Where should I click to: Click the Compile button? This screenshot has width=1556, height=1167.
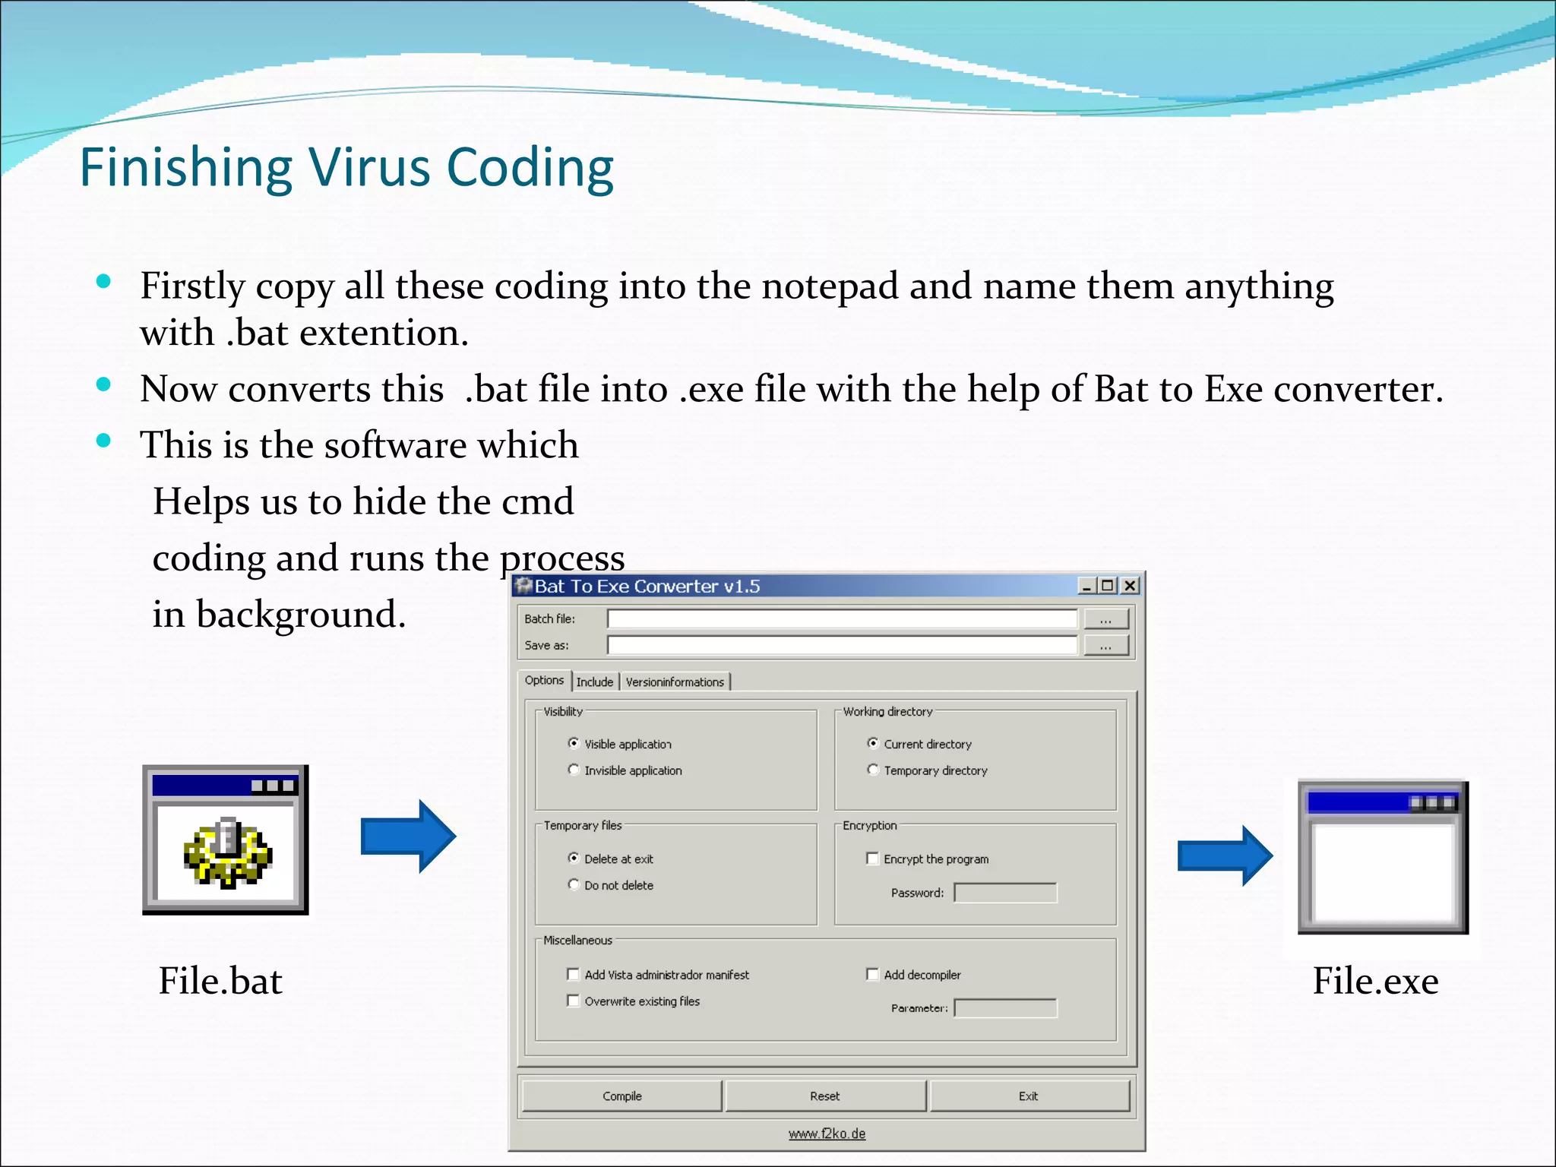click(x=621, y=1096)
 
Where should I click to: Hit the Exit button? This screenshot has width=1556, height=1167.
click(x=1028, y=1096)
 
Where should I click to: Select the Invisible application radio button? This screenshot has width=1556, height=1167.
click(x=574, y=770)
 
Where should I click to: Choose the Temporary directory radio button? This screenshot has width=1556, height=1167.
click(x=873, y=770)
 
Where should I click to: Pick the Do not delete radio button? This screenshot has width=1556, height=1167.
click(x=574, y=884)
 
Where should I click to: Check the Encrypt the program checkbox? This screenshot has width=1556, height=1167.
click(x=872, y=859)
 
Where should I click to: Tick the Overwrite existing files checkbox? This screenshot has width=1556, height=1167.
click(x=574, y=1001)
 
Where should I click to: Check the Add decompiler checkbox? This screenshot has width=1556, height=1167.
click(x=872, y=974)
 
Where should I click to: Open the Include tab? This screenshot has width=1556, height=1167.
click(x=594, y=682)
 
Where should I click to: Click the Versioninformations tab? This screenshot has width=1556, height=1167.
click(x=675, y=682)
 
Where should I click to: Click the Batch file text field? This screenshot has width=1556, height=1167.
click(x=842, y=619)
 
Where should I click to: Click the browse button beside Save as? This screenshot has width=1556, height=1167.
click(x=1105, y=646)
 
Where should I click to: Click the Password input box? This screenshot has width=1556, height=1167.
click(x=1005, y=893)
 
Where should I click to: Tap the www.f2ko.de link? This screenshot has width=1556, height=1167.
click(x=827, y=1134)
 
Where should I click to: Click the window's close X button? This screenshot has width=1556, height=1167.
click(x=1131, y=586)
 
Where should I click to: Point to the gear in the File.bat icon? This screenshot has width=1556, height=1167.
click(x=226, y=852)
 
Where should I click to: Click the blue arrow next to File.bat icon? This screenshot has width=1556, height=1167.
click(x=408, y=836)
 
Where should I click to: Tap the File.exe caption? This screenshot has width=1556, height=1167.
click(x=1375, y=981)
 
